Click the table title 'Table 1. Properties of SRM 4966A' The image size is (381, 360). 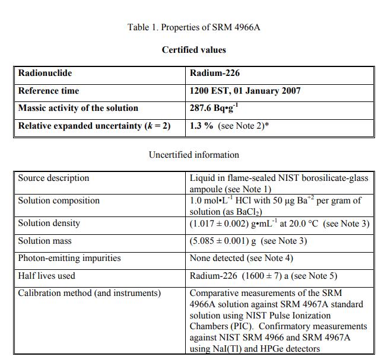pyautogui.click(x=193, y=27)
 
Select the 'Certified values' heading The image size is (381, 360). pyautogui.click(x=194, y=50)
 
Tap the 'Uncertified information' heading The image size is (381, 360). pyautogui.click(x=194, y=155)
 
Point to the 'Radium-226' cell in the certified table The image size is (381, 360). pyautogui.click(x=215, y=74)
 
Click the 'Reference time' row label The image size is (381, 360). pyautogui.click(x=49, y=91)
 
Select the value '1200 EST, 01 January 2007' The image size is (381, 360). pyautogui.click(x=245, y=91)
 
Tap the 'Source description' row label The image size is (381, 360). pyautogui.click(x=53, y=178)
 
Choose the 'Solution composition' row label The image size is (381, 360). pyautogui.click(x=59, y=200)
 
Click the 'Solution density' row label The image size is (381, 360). pyautogui.click(x=49, y=224)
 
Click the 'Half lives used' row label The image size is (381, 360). pyautogui.click(x=46, y=275)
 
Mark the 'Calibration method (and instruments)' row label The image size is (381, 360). pyautogui.click(x=89, y=293)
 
